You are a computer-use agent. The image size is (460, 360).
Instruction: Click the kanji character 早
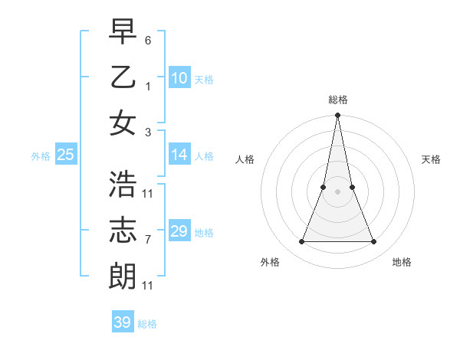(x=123, y=33)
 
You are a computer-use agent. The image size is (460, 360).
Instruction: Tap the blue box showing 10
(x=179, y=78)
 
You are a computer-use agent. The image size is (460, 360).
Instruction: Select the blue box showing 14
(x=179, y=155)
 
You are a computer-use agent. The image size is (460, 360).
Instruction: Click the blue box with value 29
(x=179, y=231)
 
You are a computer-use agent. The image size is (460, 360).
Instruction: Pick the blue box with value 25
(x=66, y=155)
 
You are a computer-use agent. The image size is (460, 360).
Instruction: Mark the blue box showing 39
(x=123, y=322)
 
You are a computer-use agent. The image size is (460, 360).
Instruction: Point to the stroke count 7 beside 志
(x=148, y=240)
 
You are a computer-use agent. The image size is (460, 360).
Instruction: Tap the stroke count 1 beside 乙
(x=148, y=87)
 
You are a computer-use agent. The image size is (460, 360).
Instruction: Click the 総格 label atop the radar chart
(x=337, y=100)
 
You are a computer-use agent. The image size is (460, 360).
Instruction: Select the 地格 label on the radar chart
(x=402, y=262)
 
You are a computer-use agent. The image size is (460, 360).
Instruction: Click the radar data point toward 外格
(x=301, y=242)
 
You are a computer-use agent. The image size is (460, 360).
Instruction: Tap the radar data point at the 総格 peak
(x=337, y=116)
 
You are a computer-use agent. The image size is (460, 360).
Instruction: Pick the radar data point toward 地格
(x=373, y=242)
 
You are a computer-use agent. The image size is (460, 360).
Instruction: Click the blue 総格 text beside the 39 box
(x=147, y=324)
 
